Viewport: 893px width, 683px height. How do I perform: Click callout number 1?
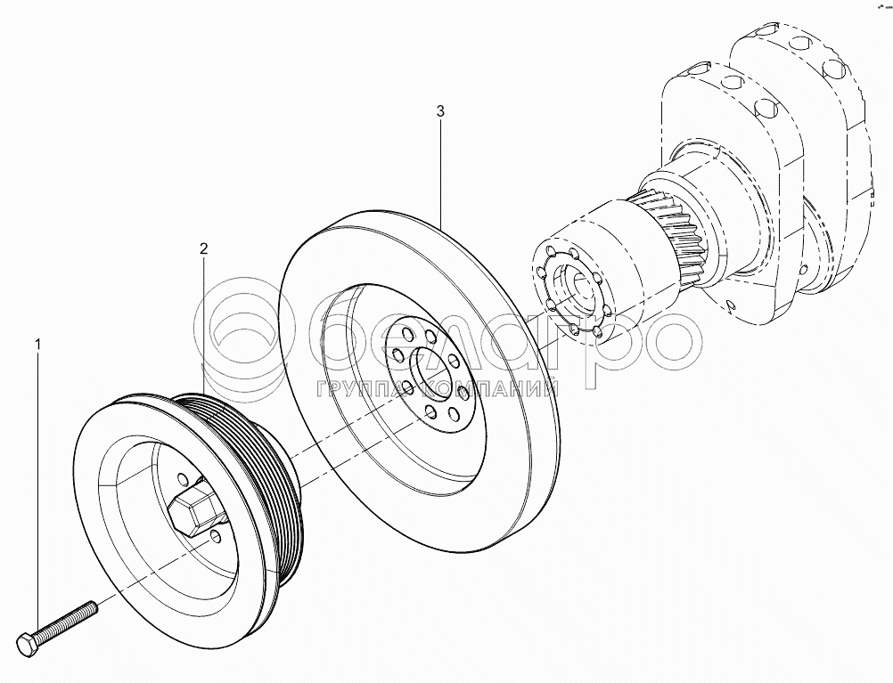[x=38, y=343]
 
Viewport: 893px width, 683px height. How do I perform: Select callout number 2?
[x=203, y=248]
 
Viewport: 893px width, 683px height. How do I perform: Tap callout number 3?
[x=440, y=112]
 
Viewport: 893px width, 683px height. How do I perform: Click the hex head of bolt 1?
[x=28, y=642]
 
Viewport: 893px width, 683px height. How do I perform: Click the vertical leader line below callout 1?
[x=38, y=490]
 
